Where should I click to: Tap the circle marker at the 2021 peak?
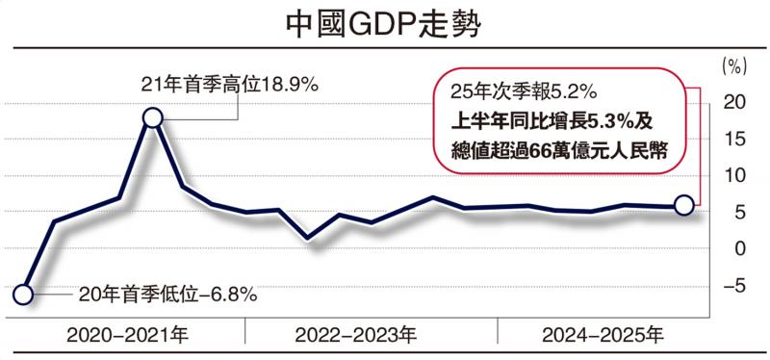click(152, 117)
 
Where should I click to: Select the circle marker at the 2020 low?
click(26, 296)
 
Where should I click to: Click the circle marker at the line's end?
click(683, 204)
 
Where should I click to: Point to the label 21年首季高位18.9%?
click(230, 85)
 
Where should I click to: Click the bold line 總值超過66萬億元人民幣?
click(558, 150)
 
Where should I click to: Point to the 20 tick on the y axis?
click(734, 102)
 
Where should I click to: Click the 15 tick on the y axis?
click(734, 139)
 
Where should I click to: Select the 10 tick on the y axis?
click(734, 175)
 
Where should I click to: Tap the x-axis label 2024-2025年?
click(603, 336)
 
